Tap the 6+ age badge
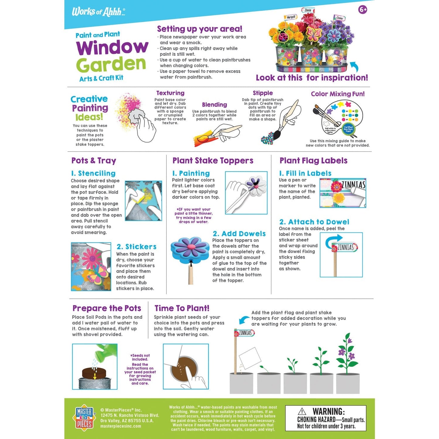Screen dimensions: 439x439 point(363,10)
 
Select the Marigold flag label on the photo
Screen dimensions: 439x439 point(291,17)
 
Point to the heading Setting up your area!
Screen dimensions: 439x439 point(200,29)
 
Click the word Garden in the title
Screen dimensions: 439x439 point(111,64)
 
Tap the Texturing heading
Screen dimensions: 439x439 point(170,93)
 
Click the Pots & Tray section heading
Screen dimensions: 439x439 point(94,160)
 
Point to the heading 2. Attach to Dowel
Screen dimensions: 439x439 point(314,222)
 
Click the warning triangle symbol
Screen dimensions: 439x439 point(302,411)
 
